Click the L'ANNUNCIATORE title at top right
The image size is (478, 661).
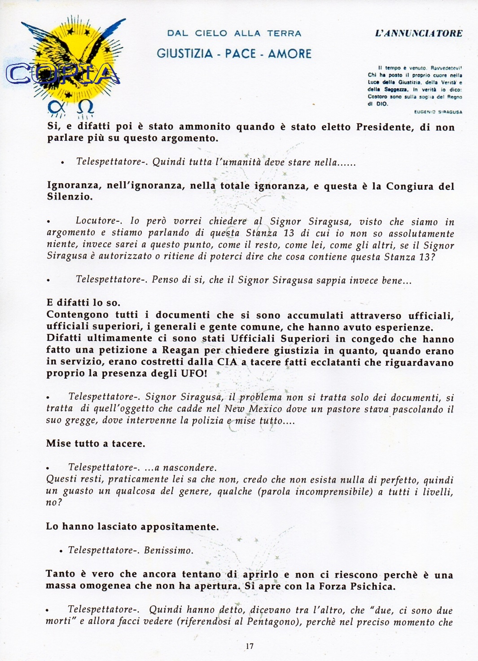(x=418, y=33)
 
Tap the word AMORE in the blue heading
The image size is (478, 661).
(x=289, y=54)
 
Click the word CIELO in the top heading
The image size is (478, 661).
(x=211, y=33)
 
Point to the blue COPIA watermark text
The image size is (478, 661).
(x=63, y=74)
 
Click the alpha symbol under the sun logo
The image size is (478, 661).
(x=54, y=107)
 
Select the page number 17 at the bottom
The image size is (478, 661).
(x=250, y=646)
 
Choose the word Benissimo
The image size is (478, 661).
(x=168, y=551)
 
